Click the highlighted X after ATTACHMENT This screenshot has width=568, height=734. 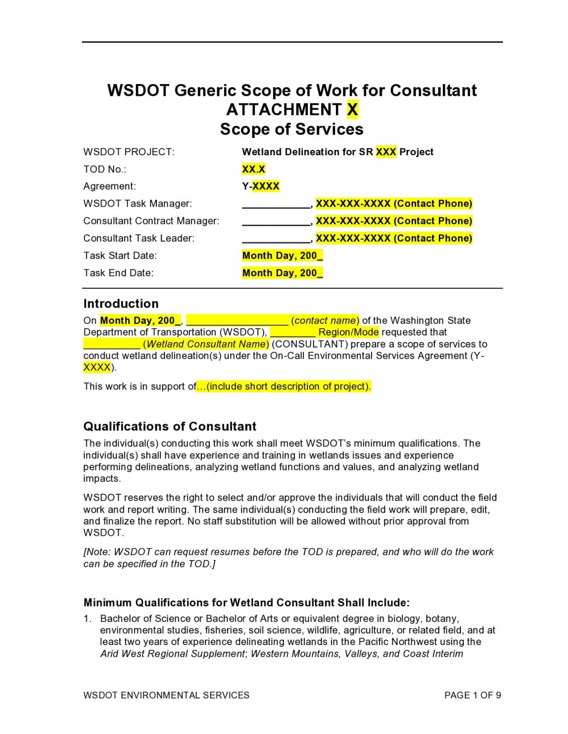(352, 109)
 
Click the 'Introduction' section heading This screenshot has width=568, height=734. (121, 303)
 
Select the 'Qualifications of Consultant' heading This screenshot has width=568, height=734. (170, 426)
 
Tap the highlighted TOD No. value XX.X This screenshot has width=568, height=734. (253, 169)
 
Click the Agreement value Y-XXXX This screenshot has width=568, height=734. (261, 186)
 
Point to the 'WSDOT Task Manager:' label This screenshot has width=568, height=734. (138, 204)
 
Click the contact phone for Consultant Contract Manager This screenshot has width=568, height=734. (394, 221)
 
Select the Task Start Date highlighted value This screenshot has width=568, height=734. (283, 256)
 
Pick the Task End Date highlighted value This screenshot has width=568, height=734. (283, 273)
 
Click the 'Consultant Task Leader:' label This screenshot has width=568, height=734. (139, 238)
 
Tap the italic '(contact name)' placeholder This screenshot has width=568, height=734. (325, 320)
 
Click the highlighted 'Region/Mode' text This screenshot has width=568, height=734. (348, 332)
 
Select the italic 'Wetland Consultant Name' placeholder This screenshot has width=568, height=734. (205, 344)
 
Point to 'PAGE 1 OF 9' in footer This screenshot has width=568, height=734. (473, 695)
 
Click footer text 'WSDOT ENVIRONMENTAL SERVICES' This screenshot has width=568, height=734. (166, 695)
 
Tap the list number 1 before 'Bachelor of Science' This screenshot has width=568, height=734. (87, 618)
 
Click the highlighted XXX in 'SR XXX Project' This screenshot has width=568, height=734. (386, 152)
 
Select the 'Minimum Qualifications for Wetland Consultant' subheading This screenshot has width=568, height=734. (246, 603)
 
